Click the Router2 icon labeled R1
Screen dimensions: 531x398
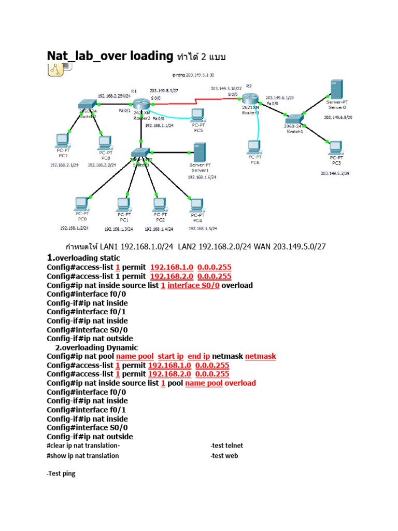click(x=140, y=104)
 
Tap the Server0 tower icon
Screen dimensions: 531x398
click(x=337, y=89)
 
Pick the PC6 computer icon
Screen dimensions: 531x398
click(x=254, y=147)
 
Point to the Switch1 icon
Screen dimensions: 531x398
click(x=296, y=119)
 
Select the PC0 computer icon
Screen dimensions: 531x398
click(x=81, y=204)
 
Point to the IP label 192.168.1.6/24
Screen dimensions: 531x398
click(x=202, y=177)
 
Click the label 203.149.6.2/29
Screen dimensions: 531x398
click(x=337, y=173)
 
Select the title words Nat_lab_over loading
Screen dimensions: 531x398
click(x=110, y=55)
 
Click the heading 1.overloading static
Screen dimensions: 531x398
click(x=83, y=258)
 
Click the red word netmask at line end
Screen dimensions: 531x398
click(x=260, y=356)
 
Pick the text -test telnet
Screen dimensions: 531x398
click(x=226, y=445)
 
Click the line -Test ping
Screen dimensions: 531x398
click(x=61, y=473)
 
